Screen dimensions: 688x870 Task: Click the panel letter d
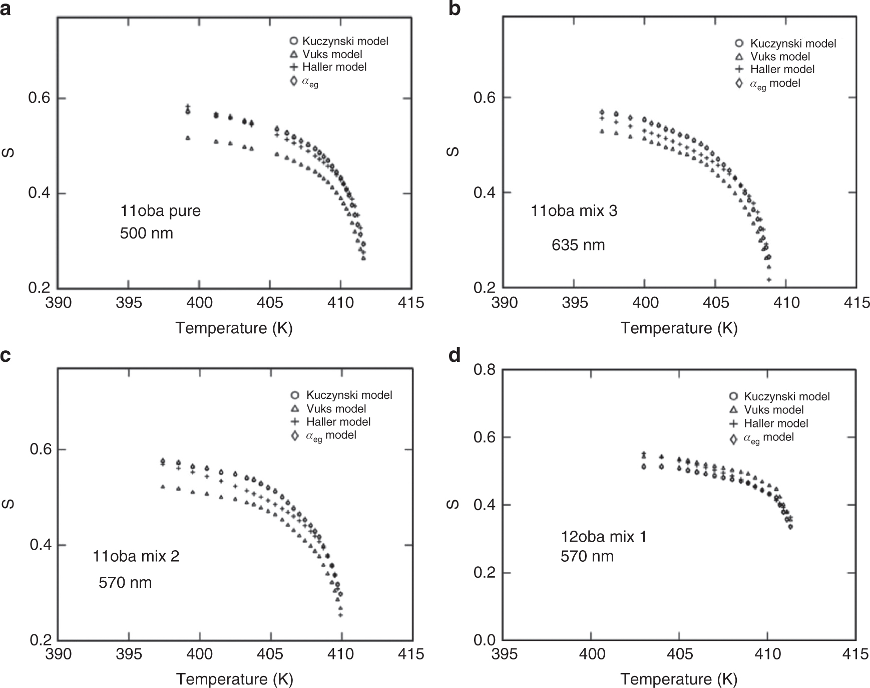pyautogui.click(x=455, y=356)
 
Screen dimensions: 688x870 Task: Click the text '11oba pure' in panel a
pyautogui.click(x=160, y=211)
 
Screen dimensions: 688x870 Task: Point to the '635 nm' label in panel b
pyautogui.click(x=578, y=245)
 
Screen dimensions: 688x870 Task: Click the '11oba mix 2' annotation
pyautogui.click(x=136, y=556)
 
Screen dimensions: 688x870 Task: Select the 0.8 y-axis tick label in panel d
pyautogui.click(x=485, y=370)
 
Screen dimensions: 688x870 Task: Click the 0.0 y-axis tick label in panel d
pyautogui.click(x=485, y=640)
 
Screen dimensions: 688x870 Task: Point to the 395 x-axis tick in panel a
pyautogui.click(x=129, y=303)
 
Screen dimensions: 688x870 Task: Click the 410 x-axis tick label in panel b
pyautogui.click(x=786, y=303)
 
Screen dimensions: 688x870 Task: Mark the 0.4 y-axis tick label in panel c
pyautogui.click(x=41, y=545)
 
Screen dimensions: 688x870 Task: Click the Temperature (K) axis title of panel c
pyautogui.click(x=234, y=679)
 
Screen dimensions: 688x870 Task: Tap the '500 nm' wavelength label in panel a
pyautogui.click(x=146, y=234)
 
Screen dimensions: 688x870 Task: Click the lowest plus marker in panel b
pyautogui.click(x=769, y=280)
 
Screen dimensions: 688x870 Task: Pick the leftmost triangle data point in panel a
pyautogui.click(x=188, y=137)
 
